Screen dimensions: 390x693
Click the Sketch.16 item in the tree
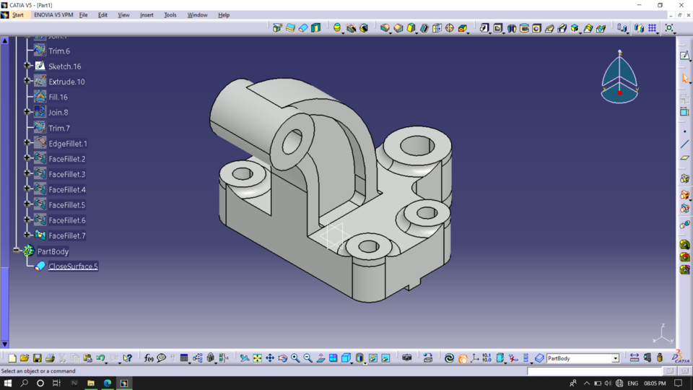(x=64, y=66)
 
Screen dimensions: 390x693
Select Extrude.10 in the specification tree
(x=66, y=82)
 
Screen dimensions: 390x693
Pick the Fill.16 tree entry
(x=58, y=97)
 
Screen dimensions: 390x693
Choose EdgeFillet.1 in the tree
(x=68, y=144)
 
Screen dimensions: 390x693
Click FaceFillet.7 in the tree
(x=67, y=235)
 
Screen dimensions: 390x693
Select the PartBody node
(x=53, y=251)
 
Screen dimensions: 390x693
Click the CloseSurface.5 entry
(x=73, y=266)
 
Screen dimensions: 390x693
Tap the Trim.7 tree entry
(x=59, y=128)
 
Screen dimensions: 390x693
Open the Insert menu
(x=147, y=14)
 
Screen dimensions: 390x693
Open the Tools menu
(x=170, y=14)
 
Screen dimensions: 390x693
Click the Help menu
(x=224, y=14)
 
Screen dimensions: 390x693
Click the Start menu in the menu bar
(x=17, y=14)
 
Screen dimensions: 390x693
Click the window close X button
(x=680, y=5)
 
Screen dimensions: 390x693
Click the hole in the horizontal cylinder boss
(x=292, y=142)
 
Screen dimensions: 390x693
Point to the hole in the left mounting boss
(x=243, y=173)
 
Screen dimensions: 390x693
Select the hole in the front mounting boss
(x=368, y=246)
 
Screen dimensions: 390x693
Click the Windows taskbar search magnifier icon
(x=25, y=383)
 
